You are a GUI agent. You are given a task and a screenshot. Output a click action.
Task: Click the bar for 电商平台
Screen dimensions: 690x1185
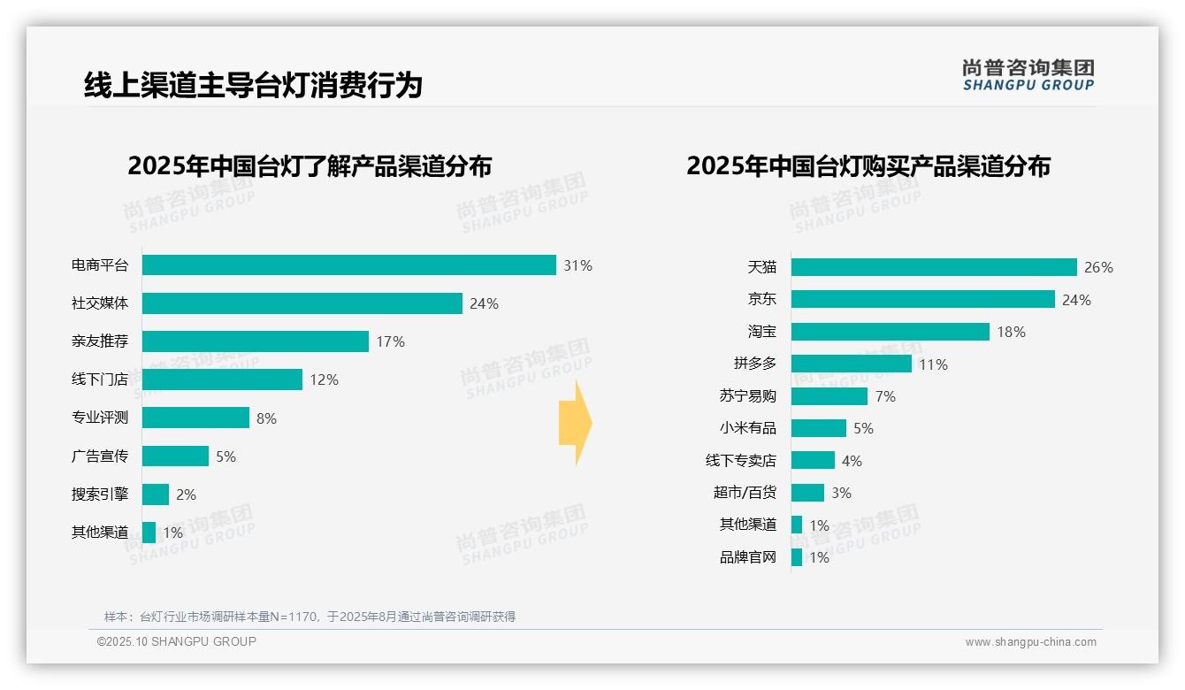[348, 264]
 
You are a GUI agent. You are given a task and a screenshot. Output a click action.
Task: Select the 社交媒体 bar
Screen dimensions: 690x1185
[302, 303]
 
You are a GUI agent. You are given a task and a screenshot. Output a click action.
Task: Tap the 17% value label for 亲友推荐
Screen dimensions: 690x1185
[390, 341]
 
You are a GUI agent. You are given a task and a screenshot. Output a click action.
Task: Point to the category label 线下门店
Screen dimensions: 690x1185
[100, 379]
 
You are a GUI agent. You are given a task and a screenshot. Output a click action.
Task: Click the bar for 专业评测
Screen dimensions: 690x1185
[195, 418]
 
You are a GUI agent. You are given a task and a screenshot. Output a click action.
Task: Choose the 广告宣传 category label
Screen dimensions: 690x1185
[100, 456]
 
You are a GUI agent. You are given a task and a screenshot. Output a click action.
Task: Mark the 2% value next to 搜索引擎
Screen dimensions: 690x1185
[186, 494]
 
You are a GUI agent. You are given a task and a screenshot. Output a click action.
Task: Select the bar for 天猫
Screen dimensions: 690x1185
[933, 267]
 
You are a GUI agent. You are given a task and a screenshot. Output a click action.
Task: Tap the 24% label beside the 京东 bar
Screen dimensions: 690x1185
[1076, 300]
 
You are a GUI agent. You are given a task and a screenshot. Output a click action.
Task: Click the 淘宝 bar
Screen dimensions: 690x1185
[890, 332]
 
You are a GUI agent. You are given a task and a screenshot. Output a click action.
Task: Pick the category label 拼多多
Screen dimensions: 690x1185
[754, 364]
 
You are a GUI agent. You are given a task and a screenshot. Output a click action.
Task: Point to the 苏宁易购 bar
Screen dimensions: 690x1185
[829, 396]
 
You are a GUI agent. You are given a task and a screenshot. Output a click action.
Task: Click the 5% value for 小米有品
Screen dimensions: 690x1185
[863, 428]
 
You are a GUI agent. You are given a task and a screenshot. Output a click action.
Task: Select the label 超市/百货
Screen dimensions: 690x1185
[745, 493]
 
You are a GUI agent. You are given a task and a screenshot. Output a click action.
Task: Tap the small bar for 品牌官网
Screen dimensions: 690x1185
[796, 557]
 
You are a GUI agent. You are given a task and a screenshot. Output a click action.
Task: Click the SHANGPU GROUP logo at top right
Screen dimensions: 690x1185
[1028, 75]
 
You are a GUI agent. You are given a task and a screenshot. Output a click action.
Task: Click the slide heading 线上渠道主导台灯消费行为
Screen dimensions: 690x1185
[253, 85]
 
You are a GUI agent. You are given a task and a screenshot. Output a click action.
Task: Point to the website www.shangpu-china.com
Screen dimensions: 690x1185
[1030, 642]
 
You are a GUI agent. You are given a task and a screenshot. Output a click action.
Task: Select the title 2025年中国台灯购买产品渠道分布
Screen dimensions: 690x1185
[868, 165]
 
